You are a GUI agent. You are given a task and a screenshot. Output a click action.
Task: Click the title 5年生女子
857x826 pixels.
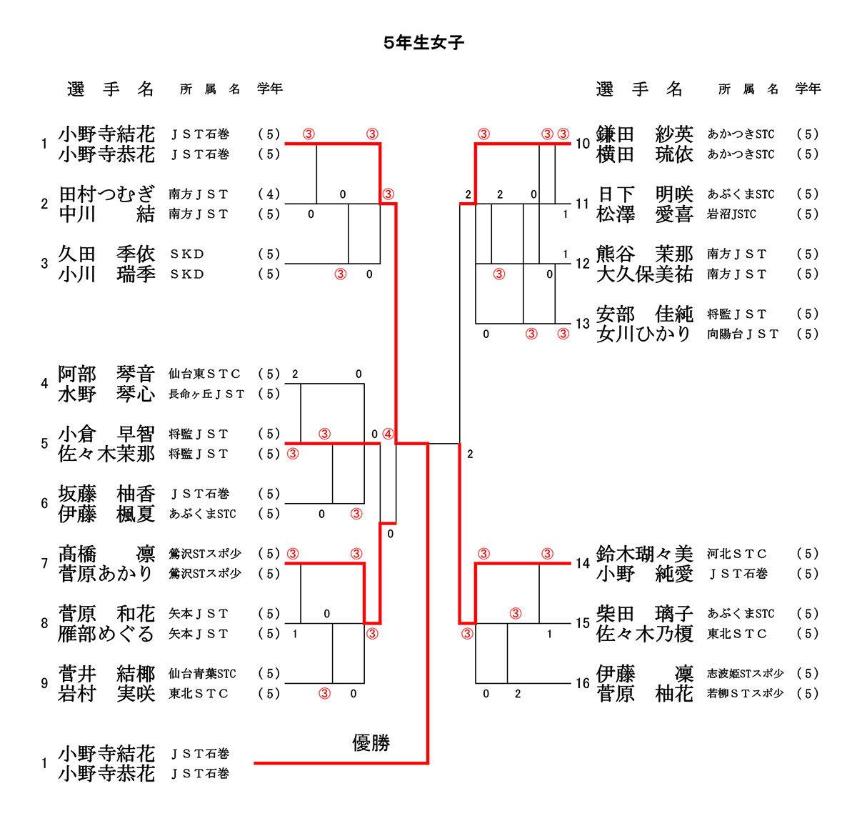[x=424, y=43]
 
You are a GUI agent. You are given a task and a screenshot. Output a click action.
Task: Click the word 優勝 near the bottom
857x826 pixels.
[x=371, y=743]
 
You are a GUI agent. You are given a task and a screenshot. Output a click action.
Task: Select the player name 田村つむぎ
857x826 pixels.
[x=106, y=194]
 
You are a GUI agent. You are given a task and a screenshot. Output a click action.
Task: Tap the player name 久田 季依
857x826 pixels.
[x=106, y=254]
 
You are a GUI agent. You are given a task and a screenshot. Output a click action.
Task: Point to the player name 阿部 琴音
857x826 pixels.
[x=106, y=374]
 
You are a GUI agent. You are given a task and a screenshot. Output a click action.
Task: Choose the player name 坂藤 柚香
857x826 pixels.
[x=106, y=494]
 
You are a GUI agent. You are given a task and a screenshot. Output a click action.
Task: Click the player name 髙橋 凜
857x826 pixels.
[x=106, y=554]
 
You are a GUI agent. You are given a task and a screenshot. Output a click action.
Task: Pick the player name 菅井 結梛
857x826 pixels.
[x=106, y=673]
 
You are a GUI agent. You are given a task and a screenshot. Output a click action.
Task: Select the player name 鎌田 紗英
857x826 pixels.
[x=644, y=134]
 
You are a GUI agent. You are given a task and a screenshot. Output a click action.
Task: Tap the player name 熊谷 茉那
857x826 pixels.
[x=644, y=254]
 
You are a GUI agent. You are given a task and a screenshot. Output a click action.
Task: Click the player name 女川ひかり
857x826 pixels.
[x=644, y=334]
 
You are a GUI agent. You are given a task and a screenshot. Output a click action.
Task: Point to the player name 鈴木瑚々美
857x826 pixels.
[x=644, y=554]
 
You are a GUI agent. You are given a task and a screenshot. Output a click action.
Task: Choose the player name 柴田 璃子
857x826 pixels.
[x=644, y=613]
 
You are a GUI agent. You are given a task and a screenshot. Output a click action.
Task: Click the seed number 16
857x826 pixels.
[x=583, y=683]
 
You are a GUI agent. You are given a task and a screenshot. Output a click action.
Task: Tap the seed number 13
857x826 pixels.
[x=583, y=324]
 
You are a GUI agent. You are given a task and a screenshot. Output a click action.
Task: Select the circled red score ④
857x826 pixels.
[x=388, y=434]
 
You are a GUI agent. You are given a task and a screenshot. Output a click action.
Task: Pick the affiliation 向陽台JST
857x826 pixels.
[x=743, y=334]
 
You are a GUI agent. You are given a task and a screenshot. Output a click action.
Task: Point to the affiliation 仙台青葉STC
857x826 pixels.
[x=202, y=673]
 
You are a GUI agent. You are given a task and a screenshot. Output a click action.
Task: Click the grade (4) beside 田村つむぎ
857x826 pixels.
[x=269, y=194]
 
